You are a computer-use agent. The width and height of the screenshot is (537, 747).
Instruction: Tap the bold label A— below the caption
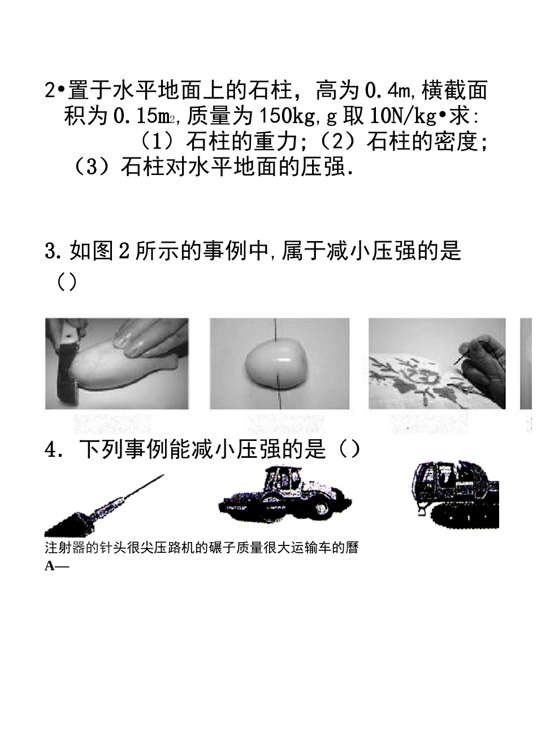point(56,566)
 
